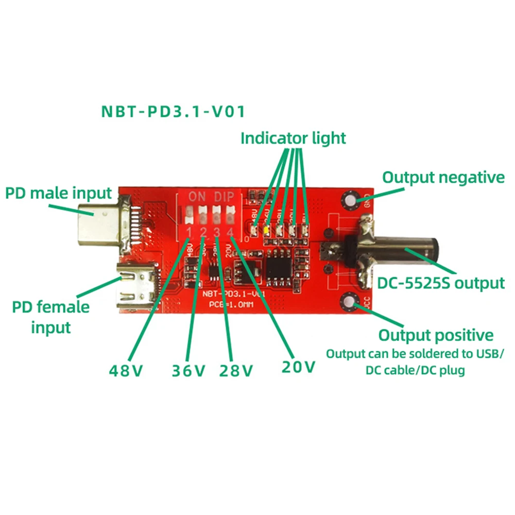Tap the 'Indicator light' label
point(293,138)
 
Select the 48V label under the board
point(126,370)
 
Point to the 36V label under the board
point(188,370)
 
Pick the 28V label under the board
point(236,370)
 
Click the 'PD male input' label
point(58,194)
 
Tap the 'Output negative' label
point(443,178)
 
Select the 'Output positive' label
point(436,335)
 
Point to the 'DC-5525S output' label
point(441,283)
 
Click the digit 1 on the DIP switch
point(190,231)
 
